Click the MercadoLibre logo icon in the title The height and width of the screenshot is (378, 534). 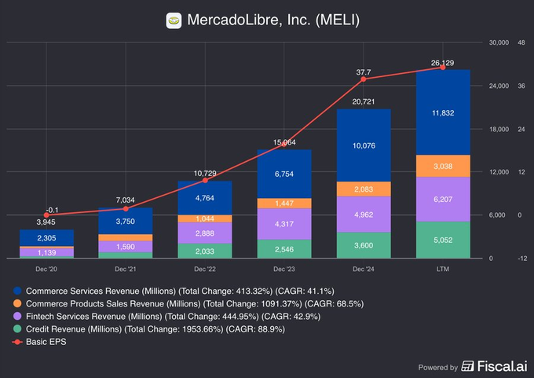tap(174, 20)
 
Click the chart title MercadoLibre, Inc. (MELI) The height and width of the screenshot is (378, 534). tap(272, 20)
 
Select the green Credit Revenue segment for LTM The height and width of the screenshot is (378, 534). tap(443, 240)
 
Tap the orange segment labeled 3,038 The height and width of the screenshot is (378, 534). tap(443, 166)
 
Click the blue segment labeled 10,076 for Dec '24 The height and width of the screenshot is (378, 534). tap(364, 145)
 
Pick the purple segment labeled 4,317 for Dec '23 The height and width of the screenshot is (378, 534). tap(284, 224)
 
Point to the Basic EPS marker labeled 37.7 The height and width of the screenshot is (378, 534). tap(364, 79)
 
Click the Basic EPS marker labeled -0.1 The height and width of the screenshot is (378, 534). tap(46, 215)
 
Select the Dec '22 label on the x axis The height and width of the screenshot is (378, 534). tap(205, 268)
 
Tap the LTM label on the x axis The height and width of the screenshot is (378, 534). tap(443, 268)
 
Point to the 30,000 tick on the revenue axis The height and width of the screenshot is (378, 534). tap(499, 42)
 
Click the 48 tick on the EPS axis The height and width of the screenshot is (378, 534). tap(521, 42)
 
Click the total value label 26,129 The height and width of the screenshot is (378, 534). tap(443, 62)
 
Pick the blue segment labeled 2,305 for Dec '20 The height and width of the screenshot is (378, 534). tap(46, 237)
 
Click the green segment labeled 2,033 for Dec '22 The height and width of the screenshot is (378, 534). tap(205, 251)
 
